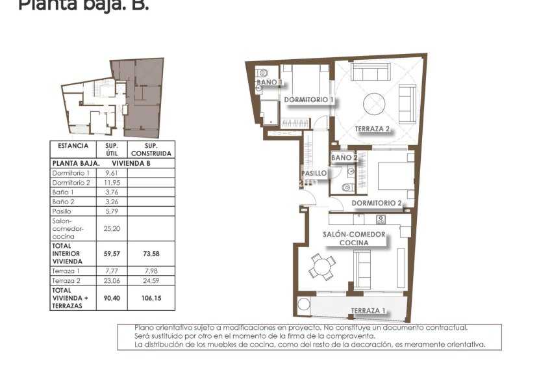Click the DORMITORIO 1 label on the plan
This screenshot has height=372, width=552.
(308, 100)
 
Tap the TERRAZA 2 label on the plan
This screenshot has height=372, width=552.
(372, 129)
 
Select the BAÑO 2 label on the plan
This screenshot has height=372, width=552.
(344, 157)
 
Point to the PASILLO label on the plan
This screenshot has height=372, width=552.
(314, 174)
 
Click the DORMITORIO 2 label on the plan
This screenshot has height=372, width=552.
(377, 203)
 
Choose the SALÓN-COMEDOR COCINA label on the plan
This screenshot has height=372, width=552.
(354, 238)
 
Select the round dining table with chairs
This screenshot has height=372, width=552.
(322, 265)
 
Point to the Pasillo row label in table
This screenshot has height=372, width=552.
(61, 211)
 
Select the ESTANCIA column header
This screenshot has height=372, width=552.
(73, 146)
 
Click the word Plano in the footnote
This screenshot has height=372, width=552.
(144, 328)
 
